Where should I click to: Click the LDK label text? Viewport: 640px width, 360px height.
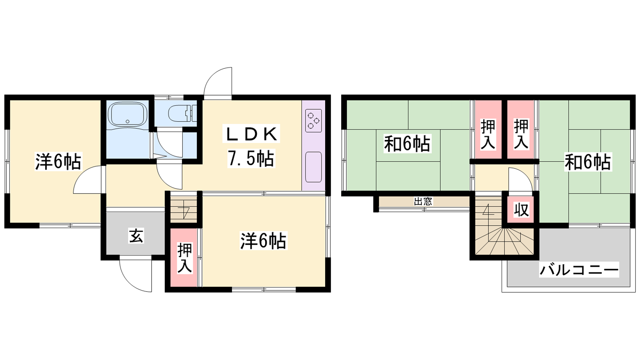point(252,134)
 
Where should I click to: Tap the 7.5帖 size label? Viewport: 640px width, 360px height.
point(251,158)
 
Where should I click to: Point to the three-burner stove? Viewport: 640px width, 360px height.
point(314,120)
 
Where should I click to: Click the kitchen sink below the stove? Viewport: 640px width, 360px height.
point(314,167)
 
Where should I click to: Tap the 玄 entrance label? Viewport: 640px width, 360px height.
point(136,236)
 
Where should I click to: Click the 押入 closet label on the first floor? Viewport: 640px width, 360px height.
point(184,258)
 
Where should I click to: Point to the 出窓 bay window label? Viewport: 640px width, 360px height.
point(423,202)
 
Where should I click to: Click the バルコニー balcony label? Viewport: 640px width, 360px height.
point(579,270)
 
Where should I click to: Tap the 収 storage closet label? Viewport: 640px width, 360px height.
point(522,210)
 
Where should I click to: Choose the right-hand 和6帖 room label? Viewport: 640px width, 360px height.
point(588,162)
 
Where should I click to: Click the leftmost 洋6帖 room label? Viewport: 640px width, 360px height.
point(58,161)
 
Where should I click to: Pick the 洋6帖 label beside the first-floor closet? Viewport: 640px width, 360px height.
point(263,241)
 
